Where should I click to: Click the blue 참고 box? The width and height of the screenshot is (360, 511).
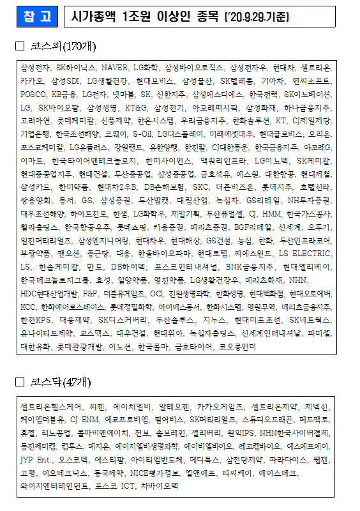coord(36,17)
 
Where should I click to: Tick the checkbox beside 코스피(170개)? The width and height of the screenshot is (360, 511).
coord(19,46)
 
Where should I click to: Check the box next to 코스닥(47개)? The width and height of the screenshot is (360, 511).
coord(19,382)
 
